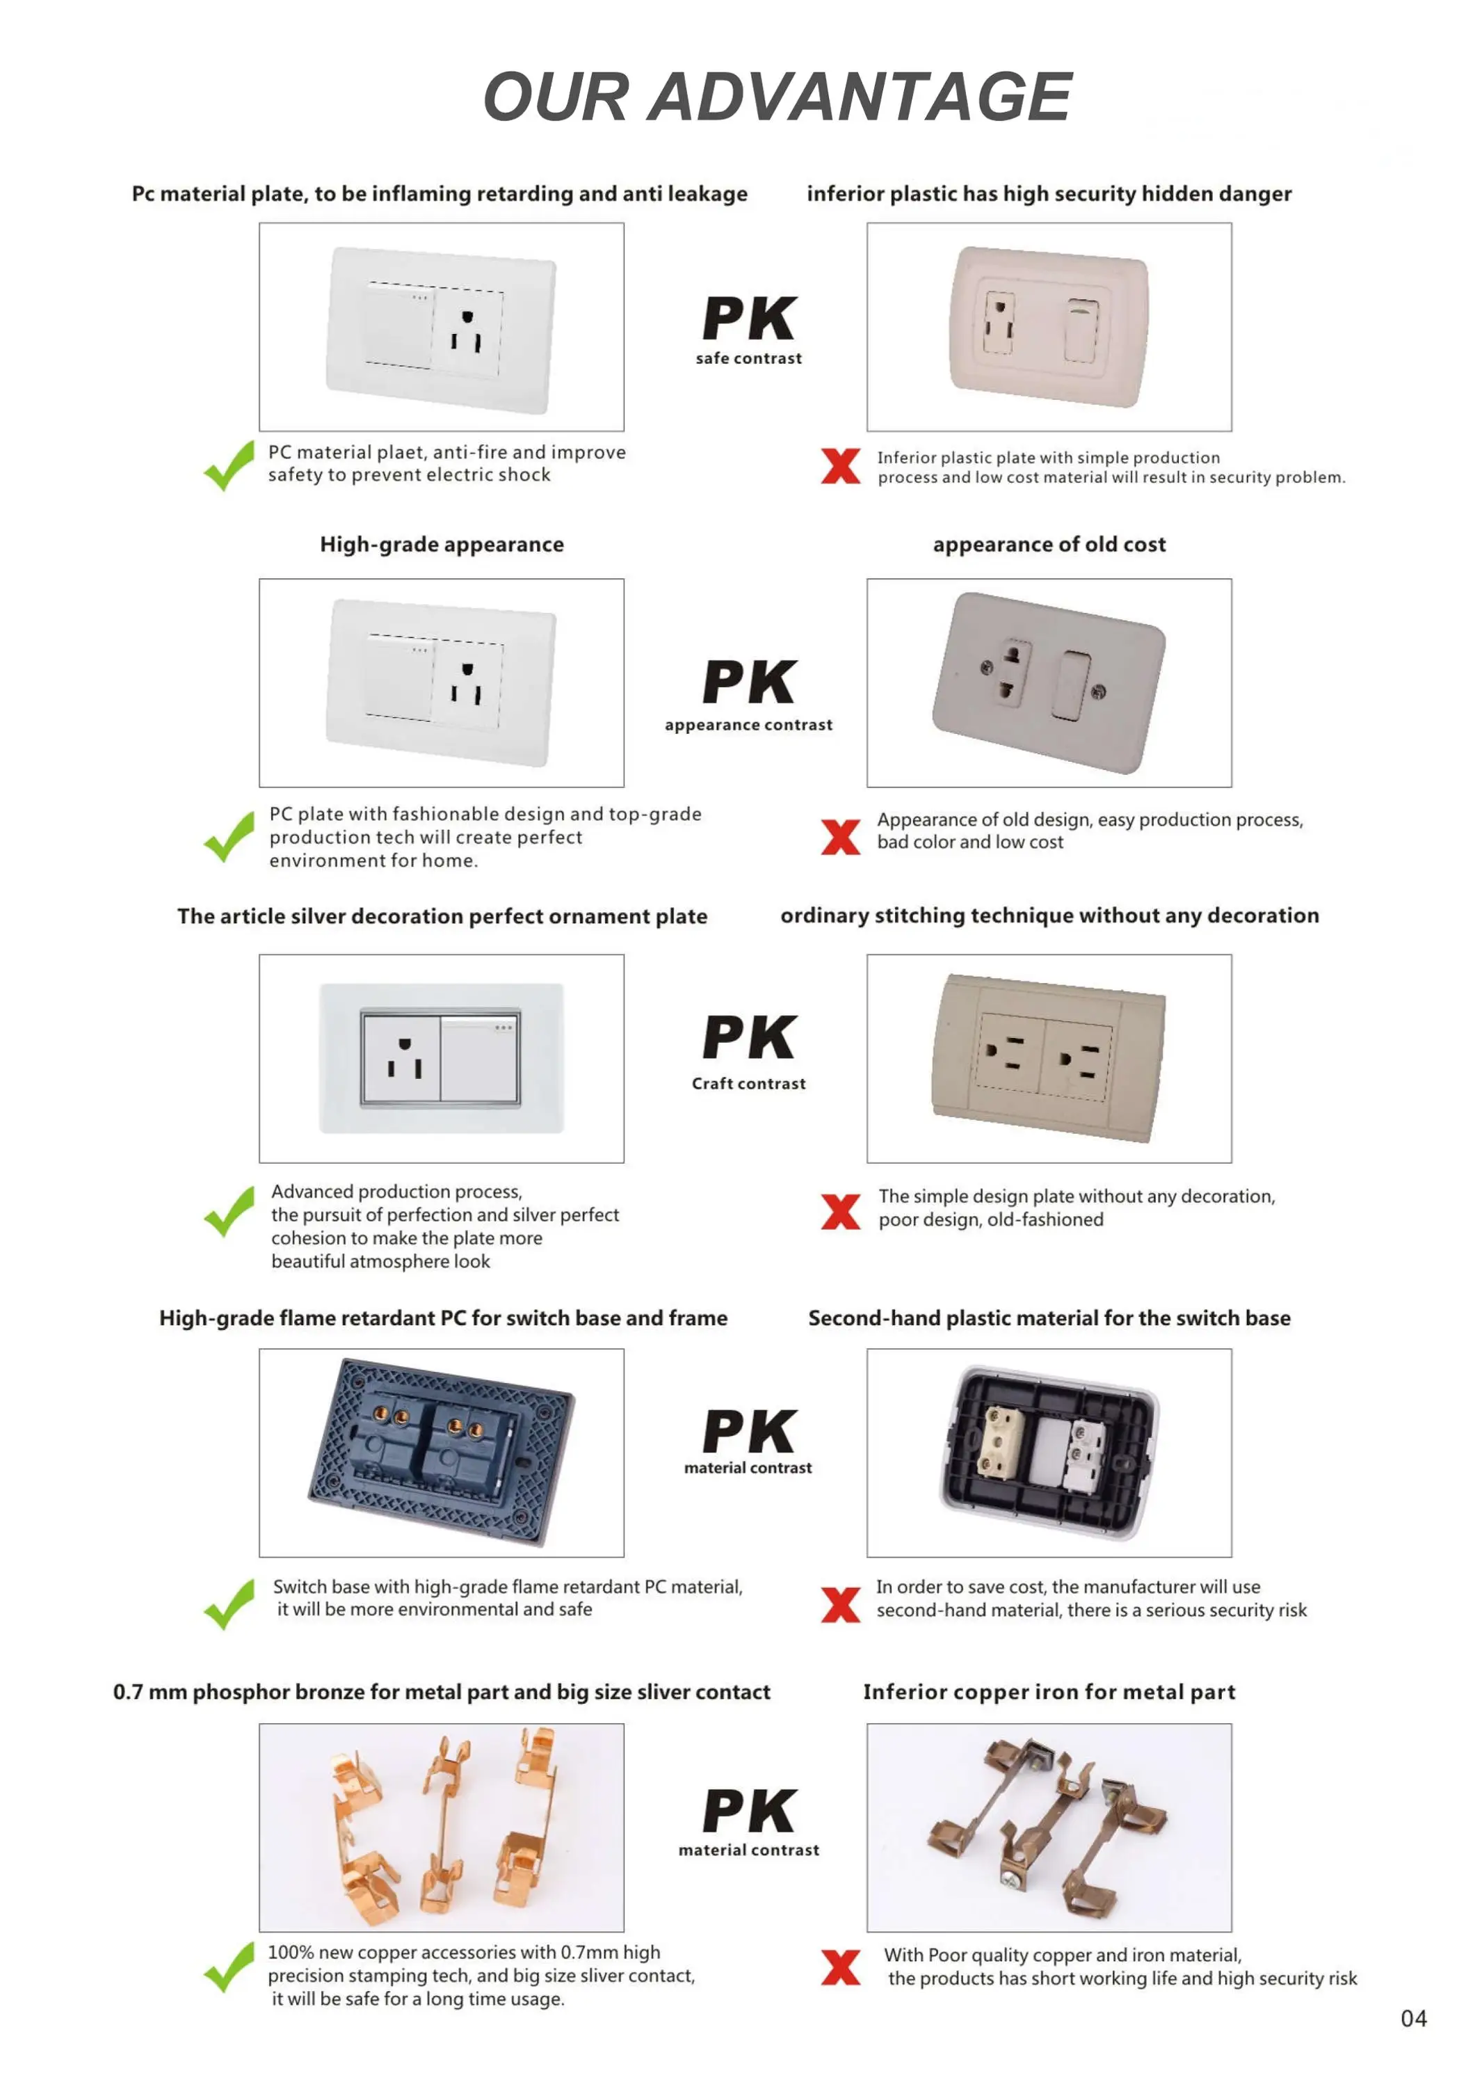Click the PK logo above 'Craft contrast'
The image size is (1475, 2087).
point(749,1037)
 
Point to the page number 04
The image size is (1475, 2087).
point(1413,2019)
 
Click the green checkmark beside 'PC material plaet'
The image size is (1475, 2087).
point(229,465)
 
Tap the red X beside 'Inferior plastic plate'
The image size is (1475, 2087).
point(840,466)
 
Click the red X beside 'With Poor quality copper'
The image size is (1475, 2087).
point(840,1967)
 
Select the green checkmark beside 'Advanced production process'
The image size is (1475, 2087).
point(229,1212)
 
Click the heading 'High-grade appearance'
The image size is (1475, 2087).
point(442,545)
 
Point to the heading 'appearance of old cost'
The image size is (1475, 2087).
point(1049,545)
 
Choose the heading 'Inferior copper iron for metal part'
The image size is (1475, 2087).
point(1049,1692)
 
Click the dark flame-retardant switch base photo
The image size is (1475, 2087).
point(442,1452)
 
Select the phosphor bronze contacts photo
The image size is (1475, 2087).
point(442,1827)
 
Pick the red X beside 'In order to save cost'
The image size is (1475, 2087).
point(840,1604)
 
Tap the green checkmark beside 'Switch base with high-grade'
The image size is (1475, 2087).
point(229,1604)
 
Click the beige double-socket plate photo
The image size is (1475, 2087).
point(1049,1058)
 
